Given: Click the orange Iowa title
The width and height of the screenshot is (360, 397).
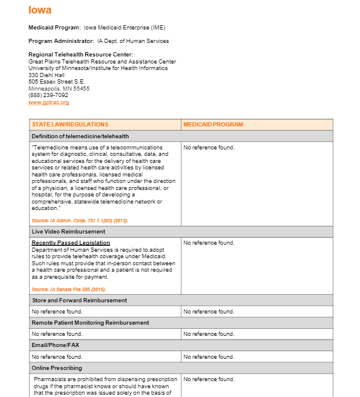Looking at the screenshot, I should [40, 10].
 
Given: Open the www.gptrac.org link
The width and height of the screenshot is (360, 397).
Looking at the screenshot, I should [49, 102].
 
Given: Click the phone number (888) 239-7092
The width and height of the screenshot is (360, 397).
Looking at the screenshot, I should [48, 95].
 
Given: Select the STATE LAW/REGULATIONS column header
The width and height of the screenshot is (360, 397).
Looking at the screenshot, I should [70, 125].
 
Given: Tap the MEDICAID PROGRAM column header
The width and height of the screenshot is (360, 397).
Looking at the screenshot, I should [213, 125].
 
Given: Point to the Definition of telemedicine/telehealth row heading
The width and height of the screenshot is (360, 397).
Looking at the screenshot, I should [80, 136].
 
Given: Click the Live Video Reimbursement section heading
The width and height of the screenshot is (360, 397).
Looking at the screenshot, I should [68, 232].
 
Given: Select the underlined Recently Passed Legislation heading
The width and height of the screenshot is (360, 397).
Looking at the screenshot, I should [71, 243].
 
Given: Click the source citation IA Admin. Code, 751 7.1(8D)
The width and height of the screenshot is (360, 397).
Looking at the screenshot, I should [79, 221].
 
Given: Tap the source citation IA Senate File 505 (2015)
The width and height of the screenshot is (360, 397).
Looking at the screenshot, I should [69, 289].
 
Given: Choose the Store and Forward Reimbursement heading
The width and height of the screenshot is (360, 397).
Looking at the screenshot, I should [79, 301].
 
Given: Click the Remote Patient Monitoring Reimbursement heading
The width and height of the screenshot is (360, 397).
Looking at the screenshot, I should [90, 323].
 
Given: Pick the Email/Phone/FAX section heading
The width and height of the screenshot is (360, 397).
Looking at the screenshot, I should [55, 345].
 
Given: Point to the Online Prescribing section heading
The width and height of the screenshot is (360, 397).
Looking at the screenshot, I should [57, 368].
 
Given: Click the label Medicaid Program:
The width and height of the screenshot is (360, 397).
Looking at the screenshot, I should [55, 28].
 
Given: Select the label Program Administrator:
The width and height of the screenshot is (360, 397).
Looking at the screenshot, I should [61, 41].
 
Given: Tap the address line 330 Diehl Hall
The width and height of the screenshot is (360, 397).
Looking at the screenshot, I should [47, 75].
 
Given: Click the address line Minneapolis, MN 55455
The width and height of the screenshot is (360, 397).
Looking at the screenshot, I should [59, 89].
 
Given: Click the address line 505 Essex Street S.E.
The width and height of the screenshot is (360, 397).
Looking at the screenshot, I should [56, 82].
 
